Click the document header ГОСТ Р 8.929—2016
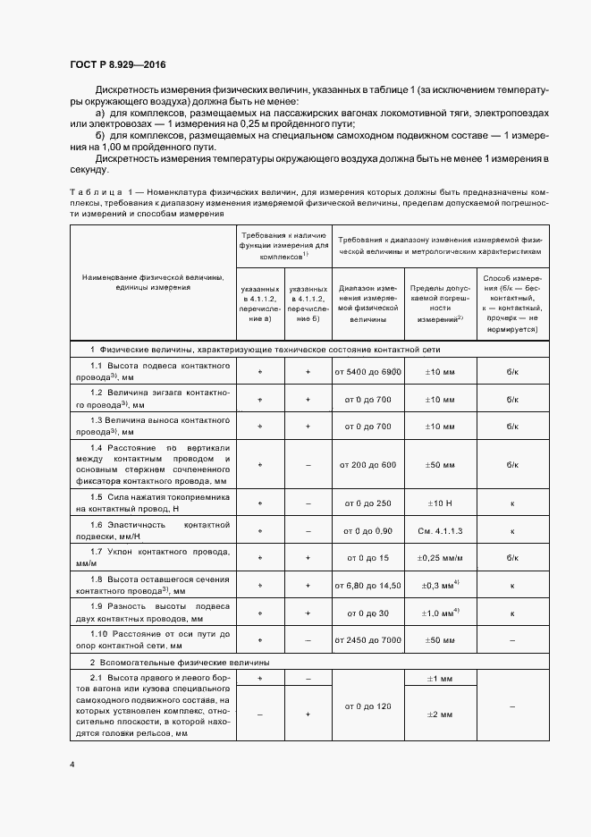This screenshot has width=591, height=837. [116, 65]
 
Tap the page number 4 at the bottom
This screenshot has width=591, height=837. [72, 765]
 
